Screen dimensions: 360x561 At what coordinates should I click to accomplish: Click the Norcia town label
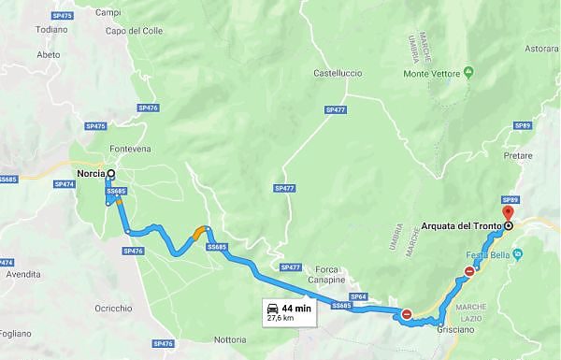[x=90, y=173]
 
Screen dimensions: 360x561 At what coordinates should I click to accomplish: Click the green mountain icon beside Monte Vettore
[x=469, y=71]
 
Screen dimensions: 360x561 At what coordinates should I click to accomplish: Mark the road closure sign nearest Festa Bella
[x=469, y=272]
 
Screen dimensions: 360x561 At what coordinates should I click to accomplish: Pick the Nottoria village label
[x=231, y=338]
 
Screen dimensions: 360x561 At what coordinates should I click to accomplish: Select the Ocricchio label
[x=113, y=309]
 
